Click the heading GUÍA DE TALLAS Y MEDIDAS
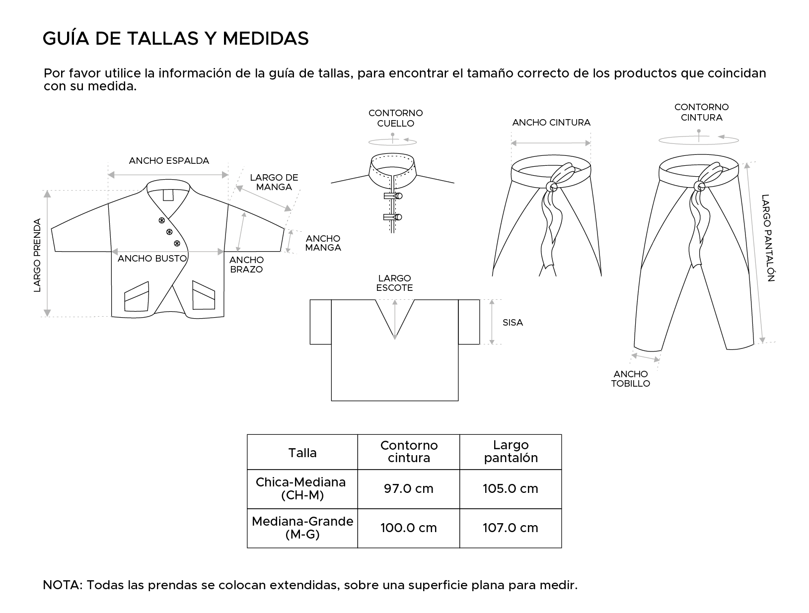(x=176, y=38)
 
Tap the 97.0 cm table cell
(x=408, y=489)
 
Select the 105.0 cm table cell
(x=511, y=489)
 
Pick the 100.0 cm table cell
(x=408, y=528)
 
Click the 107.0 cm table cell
(x=511, y=528)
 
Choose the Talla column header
(x=302, y=453)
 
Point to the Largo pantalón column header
(x=511, y=451)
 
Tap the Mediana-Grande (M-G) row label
(x=302, y=528)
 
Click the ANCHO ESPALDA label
(x=169, y=161)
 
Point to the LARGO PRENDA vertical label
(x=38, y=255)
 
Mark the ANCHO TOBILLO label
(x=631, y=379)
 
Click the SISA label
(x=513, y=323)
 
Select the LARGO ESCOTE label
(x=394, y=283)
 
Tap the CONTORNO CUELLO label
(x=395, y=118)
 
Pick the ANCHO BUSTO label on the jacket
(x=152, y=259)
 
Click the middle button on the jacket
(x=169, y=232)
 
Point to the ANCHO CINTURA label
(x=551, y=123)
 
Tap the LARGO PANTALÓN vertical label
(x=767, y=238)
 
